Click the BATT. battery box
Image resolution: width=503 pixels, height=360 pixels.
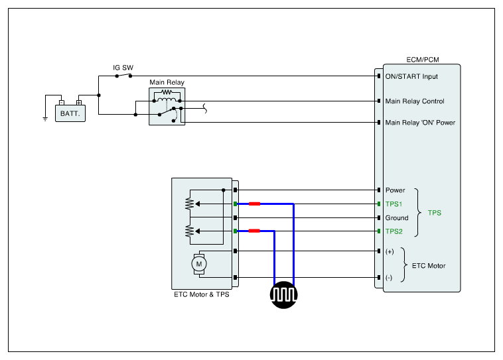[x=70, y=113]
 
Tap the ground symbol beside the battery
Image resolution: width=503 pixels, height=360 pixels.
[x=45, y=119]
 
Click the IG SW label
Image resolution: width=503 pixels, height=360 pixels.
[x=123, y=68]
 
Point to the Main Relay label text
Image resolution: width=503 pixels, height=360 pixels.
[x=167, y=82]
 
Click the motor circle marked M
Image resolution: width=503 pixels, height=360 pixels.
[x=199, y=264]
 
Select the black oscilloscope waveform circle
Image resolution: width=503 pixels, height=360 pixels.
[x=283, y=295]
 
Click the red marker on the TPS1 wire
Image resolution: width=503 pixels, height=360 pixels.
[x=254, y=204]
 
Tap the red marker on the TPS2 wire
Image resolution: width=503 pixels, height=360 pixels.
[x=254, y=231]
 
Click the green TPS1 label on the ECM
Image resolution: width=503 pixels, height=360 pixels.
[x=394, y=204]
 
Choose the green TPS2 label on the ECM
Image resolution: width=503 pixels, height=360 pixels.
[x=394, y=231]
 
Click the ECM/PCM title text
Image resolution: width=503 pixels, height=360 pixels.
[x=423, y=60]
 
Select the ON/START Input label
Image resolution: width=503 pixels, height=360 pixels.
[x=411, y=76]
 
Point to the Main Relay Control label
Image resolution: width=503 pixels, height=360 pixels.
[x=415, y=101]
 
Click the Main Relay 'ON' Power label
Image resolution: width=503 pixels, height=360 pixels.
[x=420, y=123]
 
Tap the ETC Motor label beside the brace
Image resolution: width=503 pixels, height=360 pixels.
[x=429, y=266]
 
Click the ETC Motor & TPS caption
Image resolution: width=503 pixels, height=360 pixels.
[x=202, y=294]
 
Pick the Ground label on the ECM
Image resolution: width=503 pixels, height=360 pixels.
[x=397, y=217]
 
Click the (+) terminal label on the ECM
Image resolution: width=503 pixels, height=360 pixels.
[x=390, y=252]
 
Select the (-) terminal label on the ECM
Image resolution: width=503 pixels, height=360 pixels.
[x=389, y=278]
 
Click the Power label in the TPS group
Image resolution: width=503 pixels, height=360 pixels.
[x=395, y=190]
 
